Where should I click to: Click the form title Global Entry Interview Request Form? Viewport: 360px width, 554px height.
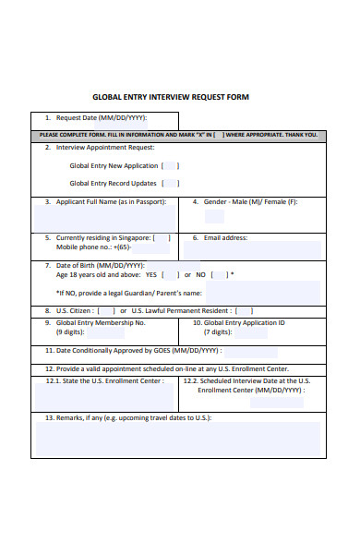pyautogui.click(x=171, y=97)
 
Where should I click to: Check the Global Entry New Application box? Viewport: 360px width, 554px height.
pyautogui.click(x=171, y=166)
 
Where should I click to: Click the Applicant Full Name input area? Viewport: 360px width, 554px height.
pyautogui.click(x=104, y=218)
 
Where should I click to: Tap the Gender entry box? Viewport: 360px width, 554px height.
pyautogui.click(x=214, y=217)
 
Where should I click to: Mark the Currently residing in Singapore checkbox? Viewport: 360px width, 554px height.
pyautogui.click(x=162, y=237)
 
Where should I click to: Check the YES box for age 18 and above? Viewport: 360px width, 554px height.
pyautogui.click(x=171, y=274)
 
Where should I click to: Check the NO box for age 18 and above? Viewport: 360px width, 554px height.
pyautogui.click(x=221, y=274)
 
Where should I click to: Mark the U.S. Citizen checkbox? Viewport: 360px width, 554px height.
pyautogui.click(x=107, y=310)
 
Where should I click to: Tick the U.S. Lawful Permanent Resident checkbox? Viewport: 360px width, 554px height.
pyautogui.click(x=246, y=310)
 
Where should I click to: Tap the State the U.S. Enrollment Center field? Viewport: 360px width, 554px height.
pyautogui.click(x=104, y=396)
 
